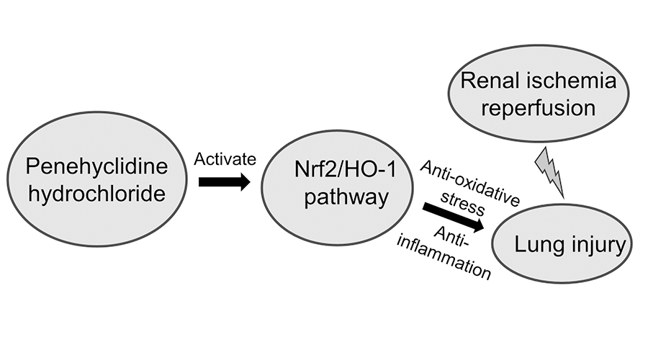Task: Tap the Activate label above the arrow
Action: pos(225,158)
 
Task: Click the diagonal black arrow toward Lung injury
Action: pos(454,217)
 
